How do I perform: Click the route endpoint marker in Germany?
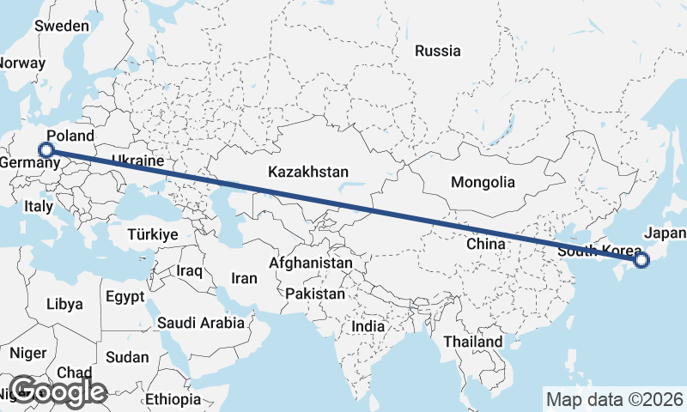pos(46,151)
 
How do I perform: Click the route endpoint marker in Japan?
pos(641,260)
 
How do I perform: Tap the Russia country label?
pos(437,51)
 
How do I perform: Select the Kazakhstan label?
pos(307,172)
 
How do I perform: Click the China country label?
pos(485,244)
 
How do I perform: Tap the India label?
pos(368,326)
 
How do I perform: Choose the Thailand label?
pos(472,342)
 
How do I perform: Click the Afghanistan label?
pos(311,263)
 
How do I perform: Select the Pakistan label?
pos(315,294)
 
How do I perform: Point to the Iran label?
pos(245,278)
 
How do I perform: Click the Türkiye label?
pos(152,234)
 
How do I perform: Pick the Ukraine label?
pos(137,161)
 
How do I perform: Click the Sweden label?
pos(61,26)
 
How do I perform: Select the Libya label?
pos(64,304)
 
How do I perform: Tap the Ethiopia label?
pos(172,400)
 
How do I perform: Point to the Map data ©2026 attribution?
pos(614,399)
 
